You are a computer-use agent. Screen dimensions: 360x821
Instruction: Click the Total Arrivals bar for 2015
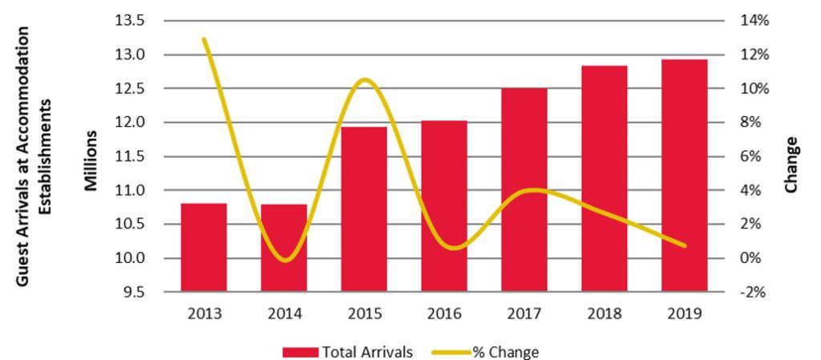coord(364,208)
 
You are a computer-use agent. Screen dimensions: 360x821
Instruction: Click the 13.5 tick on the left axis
coord(130,21)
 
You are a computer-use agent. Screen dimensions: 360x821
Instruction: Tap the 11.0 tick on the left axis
coord(130,191)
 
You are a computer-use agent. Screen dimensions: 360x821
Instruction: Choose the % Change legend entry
coord(486,351)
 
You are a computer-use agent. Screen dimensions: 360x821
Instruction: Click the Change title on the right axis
coord(791,164)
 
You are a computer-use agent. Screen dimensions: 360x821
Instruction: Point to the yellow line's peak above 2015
coord(365,79)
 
